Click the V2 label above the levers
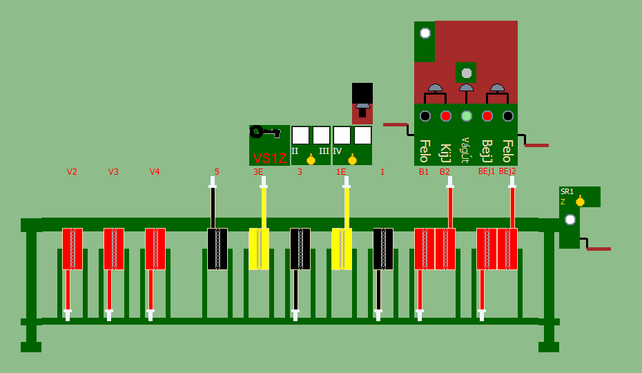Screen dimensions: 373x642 point(72,172)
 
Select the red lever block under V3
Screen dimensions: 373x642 point(114,249)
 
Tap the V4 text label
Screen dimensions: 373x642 point(155,172)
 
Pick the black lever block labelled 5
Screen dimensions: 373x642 point(217,249)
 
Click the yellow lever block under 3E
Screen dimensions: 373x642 point(259,249)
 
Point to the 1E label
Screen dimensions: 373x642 point(341,172)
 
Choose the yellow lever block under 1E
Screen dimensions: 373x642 point(342,249)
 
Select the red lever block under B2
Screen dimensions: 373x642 point(445,249)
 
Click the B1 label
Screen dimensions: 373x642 point(424,172)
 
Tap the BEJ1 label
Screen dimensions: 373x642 point(487,172)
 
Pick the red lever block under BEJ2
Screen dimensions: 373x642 point(507,249)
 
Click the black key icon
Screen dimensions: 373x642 point(264,131)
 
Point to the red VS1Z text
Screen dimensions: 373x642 point(269,158)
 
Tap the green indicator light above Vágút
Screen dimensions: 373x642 point(467,116)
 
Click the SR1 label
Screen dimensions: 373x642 point(567,191)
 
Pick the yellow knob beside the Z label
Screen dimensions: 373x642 point(580,201)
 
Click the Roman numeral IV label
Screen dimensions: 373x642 point(338,151)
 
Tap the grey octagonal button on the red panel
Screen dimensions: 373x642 point(467,73)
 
